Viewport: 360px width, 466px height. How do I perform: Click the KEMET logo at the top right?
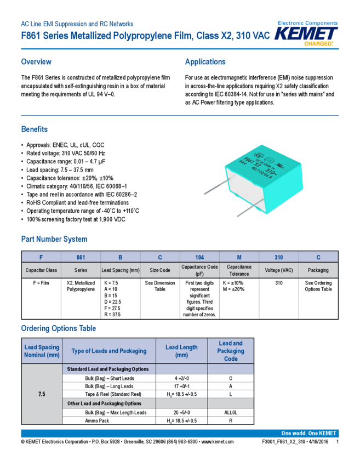tap(306, 34)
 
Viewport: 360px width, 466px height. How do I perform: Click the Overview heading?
tap(36, 62)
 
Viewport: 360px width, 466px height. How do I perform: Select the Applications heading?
tap(205, 62)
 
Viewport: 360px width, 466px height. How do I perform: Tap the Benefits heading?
tap(34, 129)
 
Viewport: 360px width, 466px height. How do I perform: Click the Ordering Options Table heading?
tap(58, 328)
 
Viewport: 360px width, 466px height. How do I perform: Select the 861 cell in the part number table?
tap(81, 257)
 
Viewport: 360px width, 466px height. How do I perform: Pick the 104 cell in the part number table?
tap(199, 257)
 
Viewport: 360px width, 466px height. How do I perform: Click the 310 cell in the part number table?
tap(278, 257)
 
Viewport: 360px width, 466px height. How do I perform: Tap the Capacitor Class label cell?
tap(41, 270)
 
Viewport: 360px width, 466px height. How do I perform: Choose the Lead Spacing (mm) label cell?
tap(121, 270)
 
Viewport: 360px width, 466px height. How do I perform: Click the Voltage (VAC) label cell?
tap(278, 270)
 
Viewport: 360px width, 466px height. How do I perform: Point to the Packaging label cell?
tap(318, 270)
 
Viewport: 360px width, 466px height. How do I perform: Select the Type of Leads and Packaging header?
tap(109, 351)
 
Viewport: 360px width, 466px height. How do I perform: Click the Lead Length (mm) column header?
tap(181, 351)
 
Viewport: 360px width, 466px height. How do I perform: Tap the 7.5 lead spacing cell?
tap(42, 394)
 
